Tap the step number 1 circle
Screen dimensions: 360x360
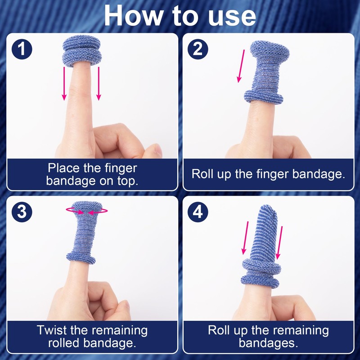22,49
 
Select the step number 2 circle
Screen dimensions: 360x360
198,49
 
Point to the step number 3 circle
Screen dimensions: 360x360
22,211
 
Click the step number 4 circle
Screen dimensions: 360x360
198,211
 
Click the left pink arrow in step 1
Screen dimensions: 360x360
64,84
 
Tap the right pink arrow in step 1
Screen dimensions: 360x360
99,84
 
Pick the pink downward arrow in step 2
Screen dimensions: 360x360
241,66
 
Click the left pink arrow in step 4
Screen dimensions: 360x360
245,238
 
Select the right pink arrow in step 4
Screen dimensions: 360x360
279,243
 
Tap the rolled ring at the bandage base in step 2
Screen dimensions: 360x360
263,97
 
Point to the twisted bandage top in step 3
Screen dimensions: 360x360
87,207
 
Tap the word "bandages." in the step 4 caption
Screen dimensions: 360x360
268,343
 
